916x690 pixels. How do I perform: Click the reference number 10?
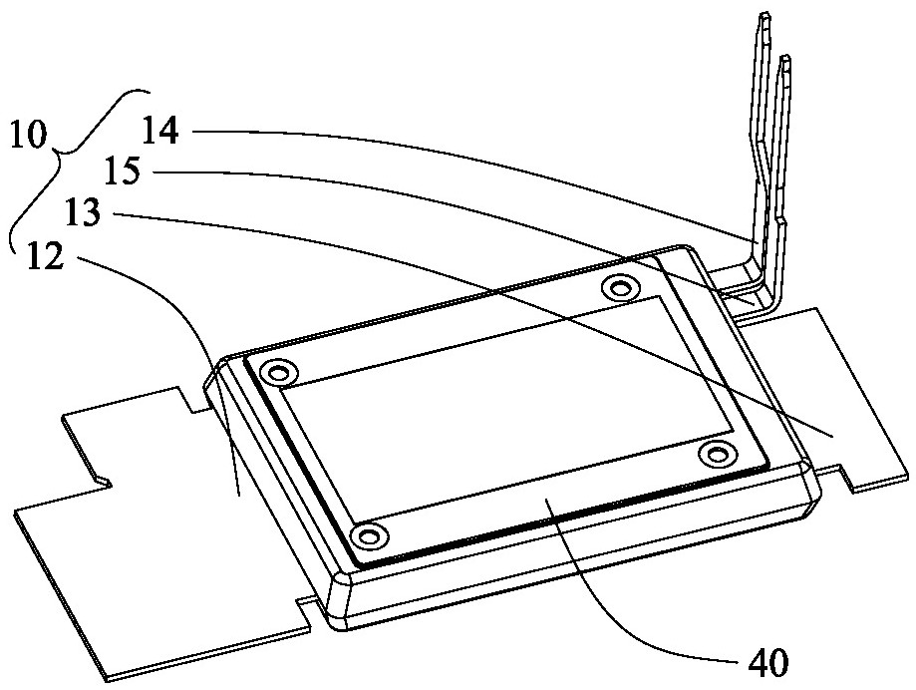point(28,137)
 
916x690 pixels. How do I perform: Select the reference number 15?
point(123,172)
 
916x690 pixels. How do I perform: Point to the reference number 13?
point(84,213)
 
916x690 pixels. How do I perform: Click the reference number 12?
point(45,256)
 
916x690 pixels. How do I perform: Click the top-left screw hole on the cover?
point(279,372)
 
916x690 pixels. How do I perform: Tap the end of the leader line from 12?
point(238,496)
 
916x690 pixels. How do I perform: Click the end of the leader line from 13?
point(832,437)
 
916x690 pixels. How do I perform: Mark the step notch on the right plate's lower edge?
point(846,475)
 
